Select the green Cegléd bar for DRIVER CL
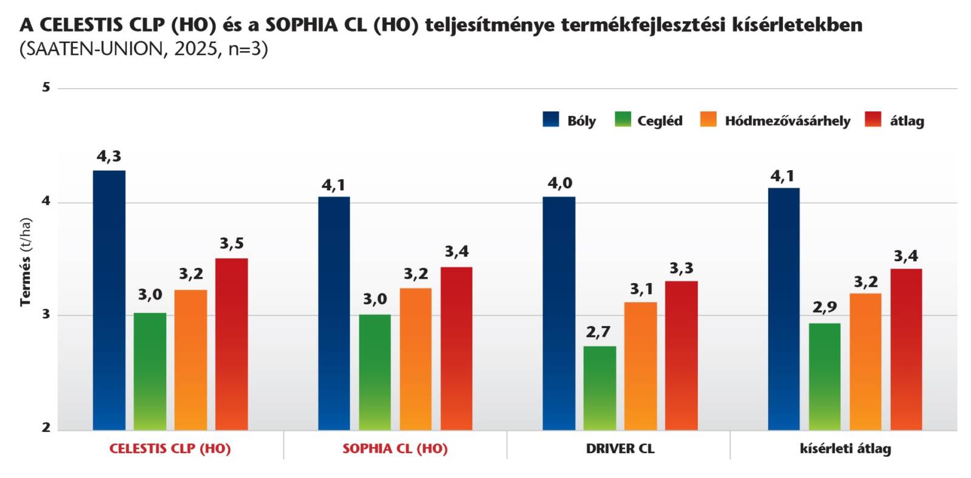pos(600,388)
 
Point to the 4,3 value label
pos(109,157)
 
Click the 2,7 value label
pos(598,332)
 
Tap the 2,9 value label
pos(825,308)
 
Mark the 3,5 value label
pos(232,244)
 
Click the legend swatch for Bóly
pos(550,119)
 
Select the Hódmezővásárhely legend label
pos(787,121)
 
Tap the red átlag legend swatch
pos(873,119)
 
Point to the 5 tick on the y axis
pos(46,88)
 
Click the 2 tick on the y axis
pos(46,428)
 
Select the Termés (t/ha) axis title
pos(25,262)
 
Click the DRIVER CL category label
pos(620,449)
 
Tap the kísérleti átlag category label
pos(845,449)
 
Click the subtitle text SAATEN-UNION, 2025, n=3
pos(144,49)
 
